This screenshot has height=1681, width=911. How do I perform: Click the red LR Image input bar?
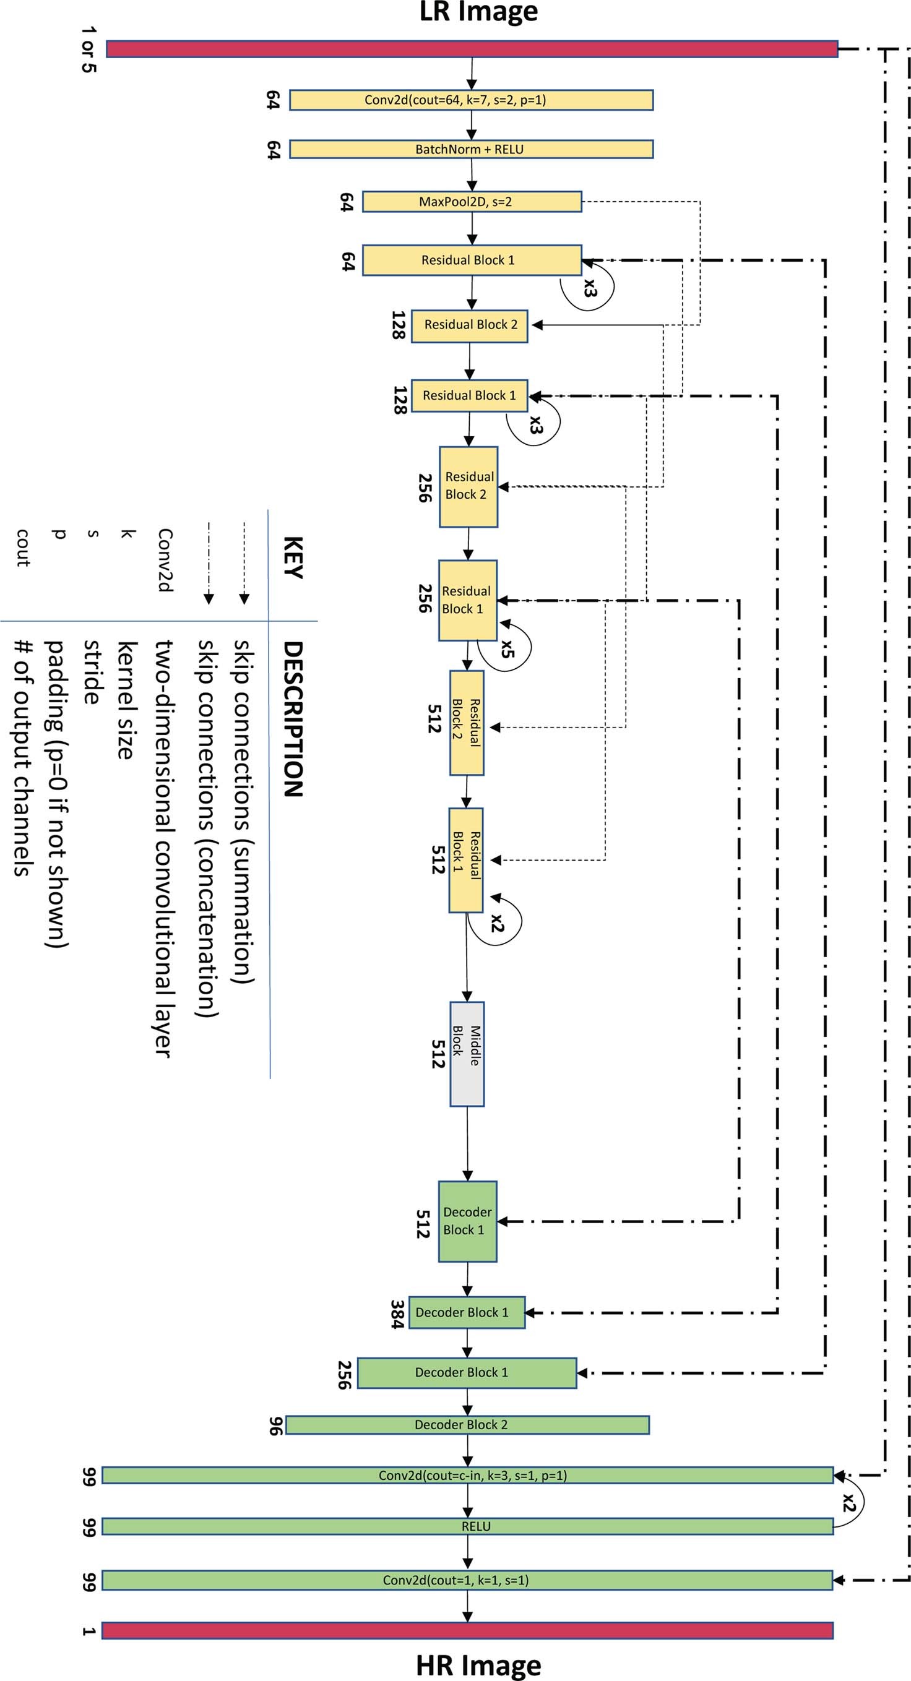pyautogui.click(x=471, y=49)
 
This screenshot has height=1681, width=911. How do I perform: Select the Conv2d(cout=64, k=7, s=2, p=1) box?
pyautogui.click(x=471, y=100)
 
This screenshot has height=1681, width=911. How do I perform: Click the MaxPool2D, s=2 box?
pyautogui.click(x=471, y=202)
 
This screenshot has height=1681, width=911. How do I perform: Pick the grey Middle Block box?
pyautogui.click(x=467, y=1054)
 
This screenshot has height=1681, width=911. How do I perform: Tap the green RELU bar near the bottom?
pyautogui.click(x=467, y=1526)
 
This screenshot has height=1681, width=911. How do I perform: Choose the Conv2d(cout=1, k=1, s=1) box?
pyautogui.click(x=467, y=1580)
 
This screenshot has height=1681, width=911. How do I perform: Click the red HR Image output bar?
pyautogui.click(x=467, y=1630)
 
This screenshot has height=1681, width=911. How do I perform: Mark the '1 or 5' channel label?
pyautogui.click(x=87, y=49)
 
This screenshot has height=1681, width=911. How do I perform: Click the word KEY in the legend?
pyautogui.click(x=292, y=558)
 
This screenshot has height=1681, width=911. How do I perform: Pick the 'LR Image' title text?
pyautogui.click(x=478, y=12)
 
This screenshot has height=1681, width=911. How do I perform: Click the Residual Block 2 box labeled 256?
pyautogui.click(x=468, y=486)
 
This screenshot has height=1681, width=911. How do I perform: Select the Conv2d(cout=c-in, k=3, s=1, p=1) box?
pyautogui.click(x=467, y=1476)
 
